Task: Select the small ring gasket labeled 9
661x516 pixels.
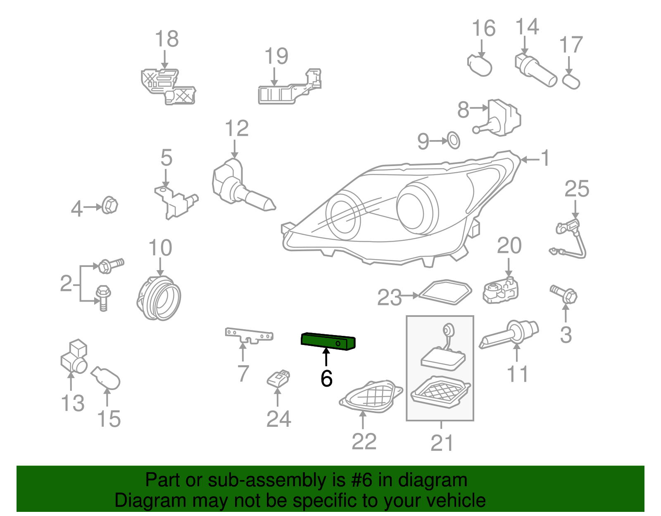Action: point(454,140)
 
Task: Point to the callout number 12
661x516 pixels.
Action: point(237,128)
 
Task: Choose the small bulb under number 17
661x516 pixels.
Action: point(572,81)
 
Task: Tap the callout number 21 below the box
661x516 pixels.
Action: point(442,443)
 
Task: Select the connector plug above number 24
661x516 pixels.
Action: point(279,378)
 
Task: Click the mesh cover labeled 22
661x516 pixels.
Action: point(371,397)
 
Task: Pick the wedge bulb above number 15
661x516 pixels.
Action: point(106,378)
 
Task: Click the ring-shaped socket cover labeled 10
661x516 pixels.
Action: point(159,298)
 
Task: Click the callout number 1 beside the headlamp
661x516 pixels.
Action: point(546,158)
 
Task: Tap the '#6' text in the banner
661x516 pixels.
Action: point(362,480)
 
